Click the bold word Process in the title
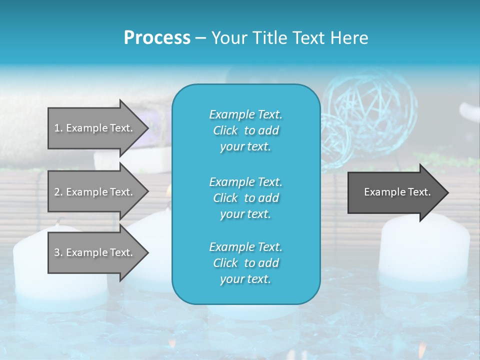(157, 37)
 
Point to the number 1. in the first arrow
(58, 128)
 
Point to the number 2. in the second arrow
(58, 192)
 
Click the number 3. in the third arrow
(58, 252)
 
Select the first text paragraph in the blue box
(245, 130)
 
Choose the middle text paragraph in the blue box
(245, 197)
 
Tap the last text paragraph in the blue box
(245, 263)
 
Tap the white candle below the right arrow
(424, 250)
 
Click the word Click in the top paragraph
(225, 130)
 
